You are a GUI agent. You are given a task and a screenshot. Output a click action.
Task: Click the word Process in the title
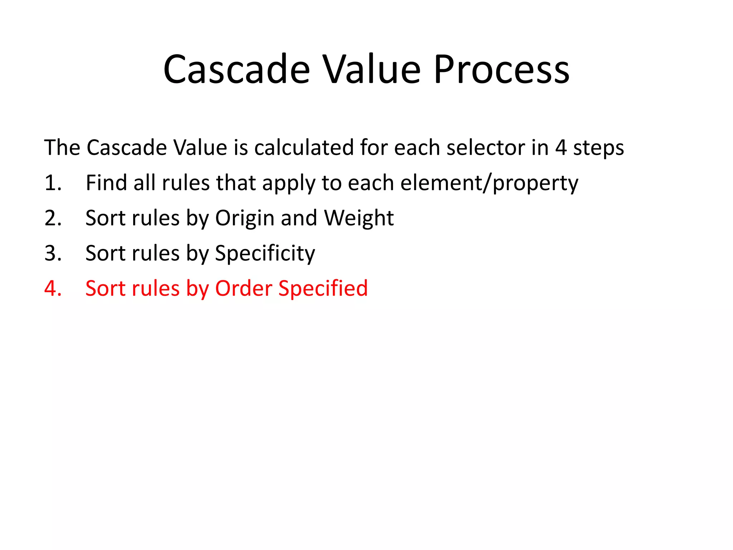coord(501,69)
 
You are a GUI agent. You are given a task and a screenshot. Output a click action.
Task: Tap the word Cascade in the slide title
coord(236,69)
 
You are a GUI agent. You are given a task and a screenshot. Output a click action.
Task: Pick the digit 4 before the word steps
coord(561,148)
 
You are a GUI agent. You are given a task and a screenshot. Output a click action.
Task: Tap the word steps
coord(598,148)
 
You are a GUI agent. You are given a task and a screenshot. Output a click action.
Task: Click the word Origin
coord(245,218)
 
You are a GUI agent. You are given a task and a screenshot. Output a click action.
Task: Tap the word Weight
coord(359,218)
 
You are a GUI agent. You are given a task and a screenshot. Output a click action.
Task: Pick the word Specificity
coord(265,254)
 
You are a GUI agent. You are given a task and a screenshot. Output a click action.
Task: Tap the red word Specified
coord(323,289)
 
